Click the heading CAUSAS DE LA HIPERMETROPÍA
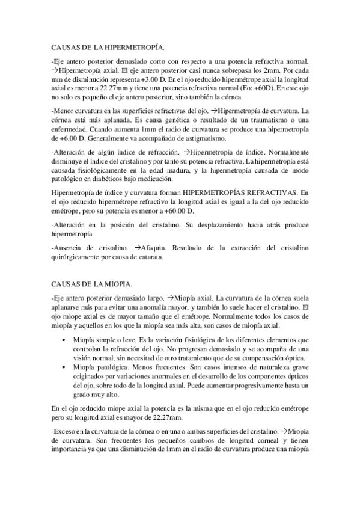pos(109,46)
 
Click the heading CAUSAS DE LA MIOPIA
pos(93,283)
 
